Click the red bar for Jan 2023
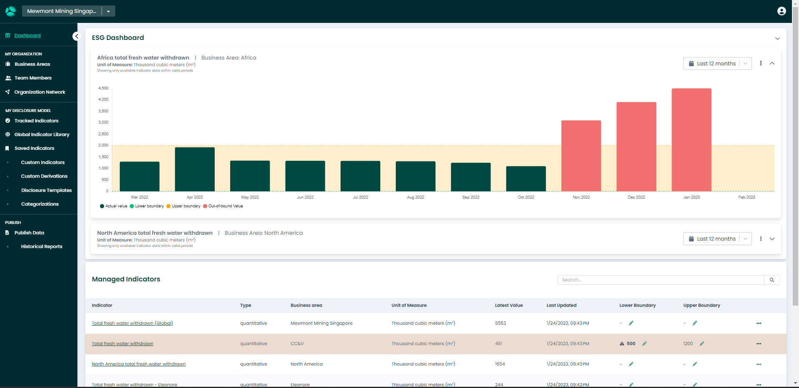[x=691, y=139]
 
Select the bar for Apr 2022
[x=195, y=169]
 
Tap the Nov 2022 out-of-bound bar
[x=581, y=156]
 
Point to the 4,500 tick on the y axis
[x=103, y=88]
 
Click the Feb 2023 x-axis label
[x=747, y=197]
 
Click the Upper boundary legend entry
[x=184, y=206]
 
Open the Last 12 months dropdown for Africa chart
[x=717, y=64]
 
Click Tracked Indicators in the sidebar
[x=36, y=121]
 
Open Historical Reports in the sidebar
[x=42, y=246]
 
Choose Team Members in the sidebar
[x=33, y=78]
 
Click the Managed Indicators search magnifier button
[x=772, y=280]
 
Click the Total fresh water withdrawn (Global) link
[x=132, y=323]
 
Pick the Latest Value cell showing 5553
[x=501, y=323]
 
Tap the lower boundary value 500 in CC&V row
[x=631, y=344]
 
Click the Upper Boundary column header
[x=702, y=306]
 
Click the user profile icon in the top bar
[x=782, y=11]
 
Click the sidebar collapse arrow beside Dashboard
[x=76, y=36]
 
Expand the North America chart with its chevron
[x=772, y=239]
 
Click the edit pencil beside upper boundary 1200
[x=702, y=344]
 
